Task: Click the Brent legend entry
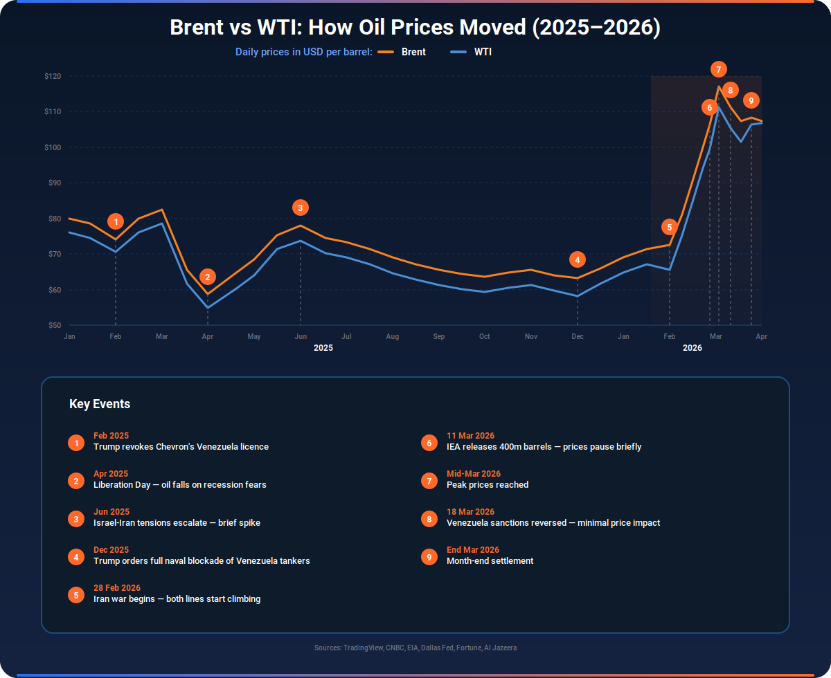[402, 52]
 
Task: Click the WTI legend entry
[471, 52]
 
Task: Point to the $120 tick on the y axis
[53, 76]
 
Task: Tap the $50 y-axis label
[55, 325]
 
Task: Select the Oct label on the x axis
[484, 336]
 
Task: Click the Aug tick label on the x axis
[393, 336]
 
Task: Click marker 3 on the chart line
[301, 208]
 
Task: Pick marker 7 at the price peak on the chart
[718, 69]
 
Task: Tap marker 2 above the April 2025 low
[208, 277]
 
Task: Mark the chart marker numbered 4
[578, 259]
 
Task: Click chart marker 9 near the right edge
[751, 100]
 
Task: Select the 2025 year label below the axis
[323, 348]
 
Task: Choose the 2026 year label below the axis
[692, 348]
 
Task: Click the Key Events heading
[100, 404]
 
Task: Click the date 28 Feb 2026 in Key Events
[117, 587]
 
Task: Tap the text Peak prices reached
[488, 485]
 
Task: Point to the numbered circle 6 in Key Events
[429, 443]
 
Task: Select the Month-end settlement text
[490, 560]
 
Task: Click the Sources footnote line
[415, 648]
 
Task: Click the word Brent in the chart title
[197, 27]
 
